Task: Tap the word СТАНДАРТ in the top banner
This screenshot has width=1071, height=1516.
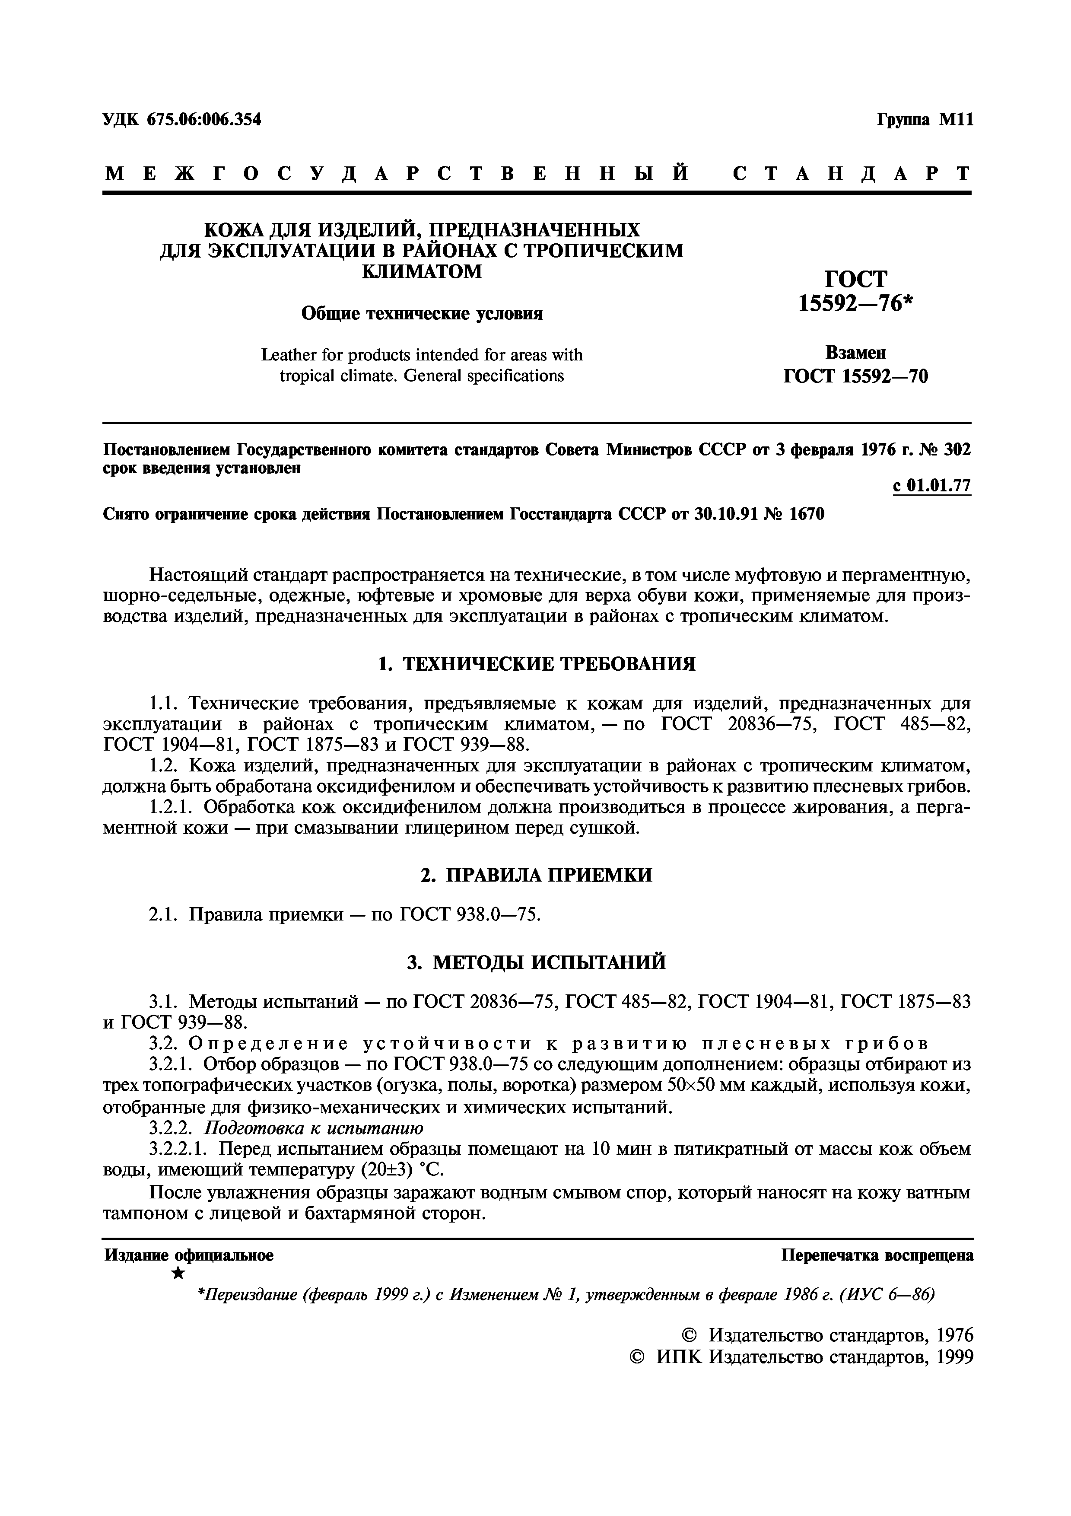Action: click(x=851, y=173)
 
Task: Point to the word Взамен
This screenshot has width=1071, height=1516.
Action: click(x=855, y=353)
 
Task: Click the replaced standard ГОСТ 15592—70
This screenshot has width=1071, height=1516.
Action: click(x=855, y=376)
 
